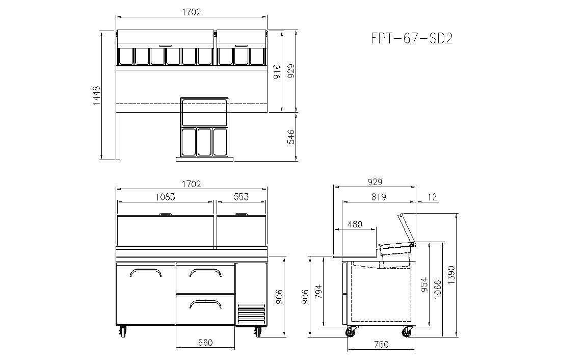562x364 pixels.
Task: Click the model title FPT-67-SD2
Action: click(x=412, y=38)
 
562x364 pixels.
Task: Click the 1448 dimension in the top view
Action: click(x=97, y=95)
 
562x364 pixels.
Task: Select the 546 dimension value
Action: click(x=291, y=137)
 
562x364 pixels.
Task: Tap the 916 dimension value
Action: click(x=277, y=72)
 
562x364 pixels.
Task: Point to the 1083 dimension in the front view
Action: click(x=165, y=197)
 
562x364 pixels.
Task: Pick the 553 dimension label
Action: click(x=241, y=197)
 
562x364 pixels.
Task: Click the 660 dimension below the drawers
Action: click(x=205, y=343)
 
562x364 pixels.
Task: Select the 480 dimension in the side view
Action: click(x=355, y=224)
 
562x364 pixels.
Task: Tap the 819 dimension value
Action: click(x=379, y=197)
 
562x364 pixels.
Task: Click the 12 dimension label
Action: click(x=432, y=197)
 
